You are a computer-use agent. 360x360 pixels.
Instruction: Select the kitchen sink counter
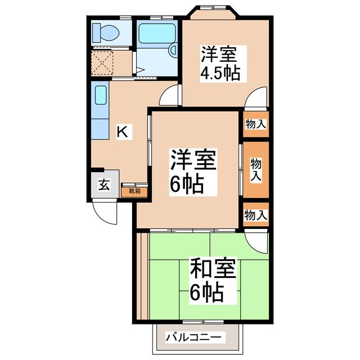101,112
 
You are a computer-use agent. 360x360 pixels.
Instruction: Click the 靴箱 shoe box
134,191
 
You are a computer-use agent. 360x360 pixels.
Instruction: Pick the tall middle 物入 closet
256,169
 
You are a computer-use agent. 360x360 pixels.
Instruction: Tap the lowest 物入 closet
256,214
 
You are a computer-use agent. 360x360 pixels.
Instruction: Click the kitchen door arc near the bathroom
169,95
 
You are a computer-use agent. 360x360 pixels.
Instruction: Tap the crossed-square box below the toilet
105,63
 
